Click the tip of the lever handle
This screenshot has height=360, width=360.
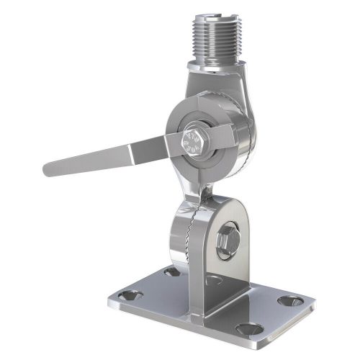(49, 170)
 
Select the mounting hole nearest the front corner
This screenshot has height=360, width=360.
(252, 329)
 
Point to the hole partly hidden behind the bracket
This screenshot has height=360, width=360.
(171, 272)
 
